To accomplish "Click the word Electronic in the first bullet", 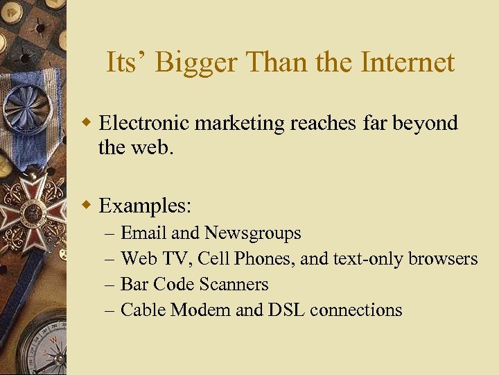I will tap(144, 123).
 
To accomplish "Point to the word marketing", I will tap(240, 124).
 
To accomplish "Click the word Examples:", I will tap(146, 206).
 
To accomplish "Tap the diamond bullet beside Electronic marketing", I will tap(87, 124).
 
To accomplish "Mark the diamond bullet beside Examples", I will tap(87, 206).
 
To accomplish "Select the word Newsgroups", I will tap(253, 233).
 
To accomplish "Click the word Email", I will tap(143, 233).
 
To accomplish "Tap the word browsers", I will tap(443, 259).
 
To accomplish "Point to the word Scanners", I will tap(234, 285).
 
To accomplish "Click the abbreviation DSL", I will tap(286, 310).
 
